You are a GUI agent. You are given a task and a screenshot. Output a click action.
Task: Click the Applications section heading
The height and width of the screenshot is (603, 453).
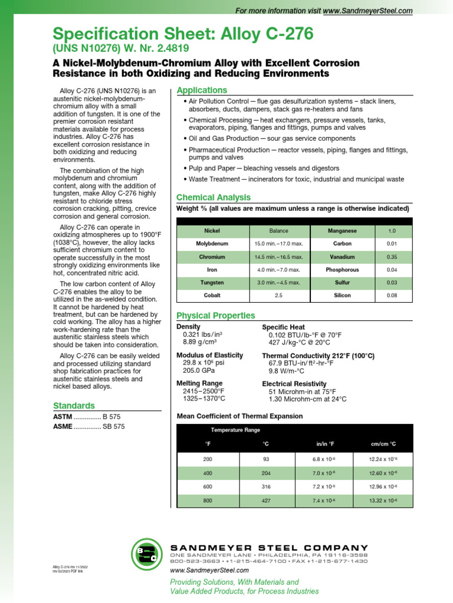pyautogui.click(x=202, y=90)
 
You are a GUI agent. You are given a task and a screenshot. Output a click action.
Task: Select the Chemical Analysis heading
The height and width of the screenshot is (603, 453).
pyautogui.click(x=214, y=197)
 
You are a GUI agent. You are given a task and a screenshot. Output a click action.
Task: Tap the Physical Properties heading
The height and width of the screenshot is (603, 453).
pyautogui.click(x=216, y=316)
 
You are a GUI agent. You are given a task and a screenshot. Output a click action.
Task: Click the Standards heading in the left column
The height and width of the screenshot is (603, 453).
pyautogui.click(x=74, y=406)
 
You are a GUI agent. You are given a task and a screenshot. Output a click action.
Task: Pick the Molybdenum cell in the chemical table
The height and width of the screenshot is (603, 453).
pyautogui.click(x=212, y=243)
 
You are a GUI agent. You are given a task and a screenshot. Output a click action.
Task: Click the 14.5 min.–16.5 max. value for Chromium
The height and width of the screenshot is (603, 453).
pyautogui.click(x=278, y=257)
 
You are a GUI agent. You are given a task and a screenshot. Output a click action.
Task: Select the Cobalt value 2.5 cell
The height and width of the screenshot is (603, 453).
pyautogui.click(x=278, y=296)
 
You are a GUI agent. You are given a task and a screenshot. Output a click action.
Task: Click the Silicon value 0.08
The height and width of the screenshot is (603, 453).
pyautogui.click(x=392, y=296)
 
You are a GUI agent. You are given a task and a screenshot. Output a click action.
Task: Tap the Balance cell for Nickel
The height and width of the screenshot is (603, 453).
pyautogui.click(x=278, y=230)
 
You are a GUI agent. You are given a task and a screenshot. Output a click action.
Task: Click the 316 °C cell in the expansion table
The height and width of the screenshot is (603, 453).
pyautogui.click(x=265, y=486)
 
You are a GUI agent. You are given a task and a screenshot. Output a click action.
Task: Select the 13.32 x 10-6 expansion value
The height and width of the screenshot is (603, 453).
pyautogui.click(x=382, y=501)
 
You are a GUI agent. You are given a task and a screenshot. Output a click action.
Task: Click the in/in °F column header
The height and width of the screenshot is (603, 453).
pyautogui.click(x=326, y=443)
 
